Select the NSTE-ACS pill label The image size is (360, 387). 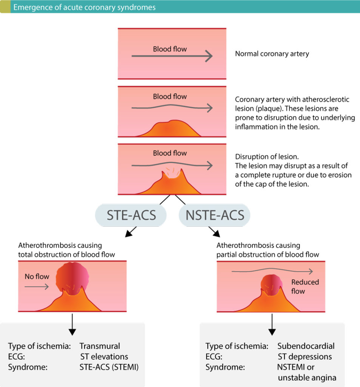[215, 215]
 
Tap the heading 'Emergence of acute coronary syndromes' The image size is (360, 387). [84, 7]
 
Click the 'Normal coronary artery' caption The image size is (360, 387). [272, 54]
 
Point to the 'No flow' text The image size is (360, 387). [37, 277]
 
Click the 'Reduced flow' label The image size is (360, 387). [305, 286]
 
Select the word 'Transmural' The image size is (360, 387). [100, 346]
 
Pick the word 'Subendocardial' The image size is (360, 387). [306, 346]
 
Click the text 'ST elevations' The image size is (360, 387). [104, 356]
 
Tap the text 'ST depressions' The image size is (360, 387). [304, 356]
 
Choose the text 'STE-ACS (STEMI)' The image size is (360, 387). [109, 367]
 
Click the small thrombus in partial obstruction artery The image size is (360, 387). [272, 285]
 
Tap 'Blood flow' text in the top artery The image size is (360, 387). [170, 49]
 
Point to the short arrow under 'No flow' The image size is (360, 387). [37, 287]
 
